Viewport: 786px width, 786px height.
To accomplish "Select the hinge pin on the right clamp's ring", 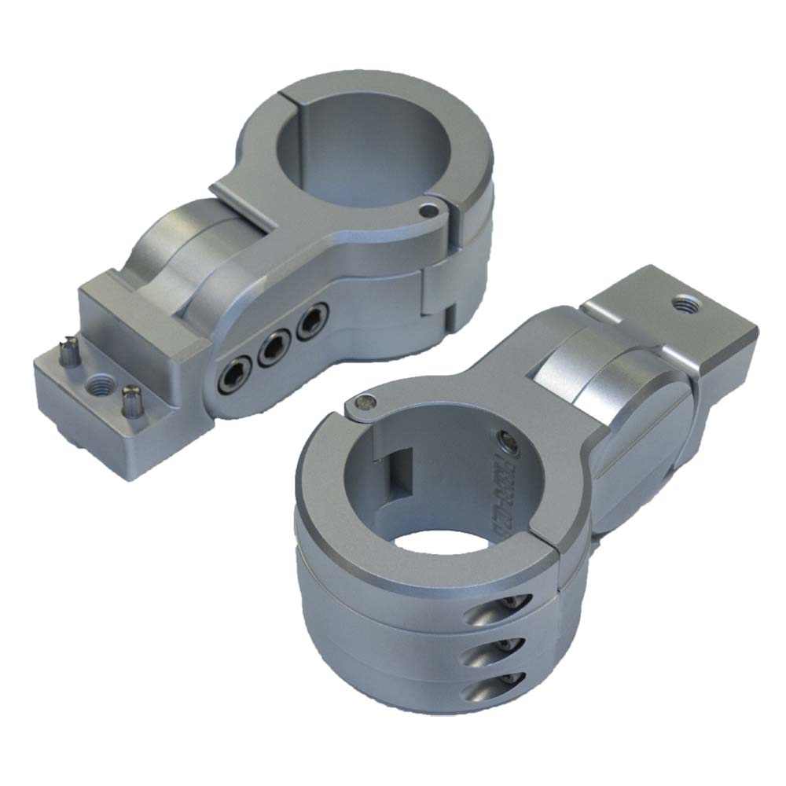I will pyautogui.click(x=361, y=402).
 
